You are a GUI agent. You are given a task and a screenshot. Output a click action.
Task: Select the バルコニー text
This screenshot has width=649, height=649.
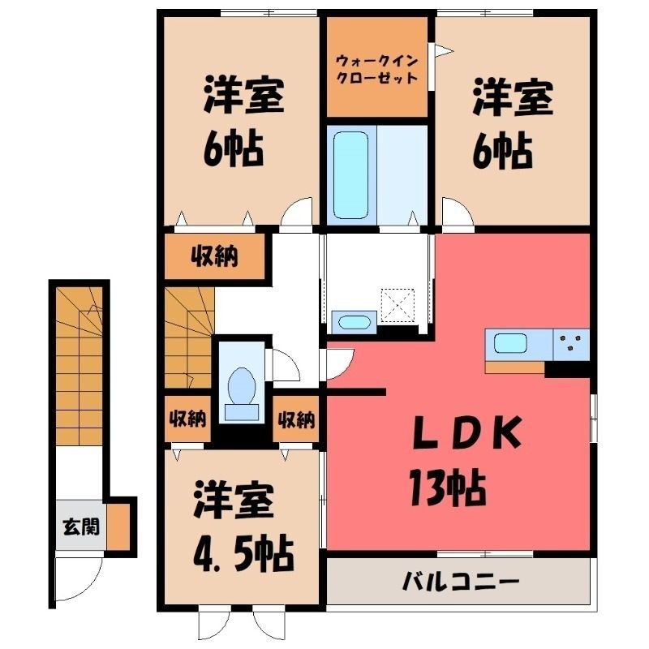[461, 582]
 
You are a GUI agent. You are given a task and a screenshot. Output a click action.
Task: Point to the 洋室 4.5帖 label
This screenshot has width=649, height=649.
[243, 527]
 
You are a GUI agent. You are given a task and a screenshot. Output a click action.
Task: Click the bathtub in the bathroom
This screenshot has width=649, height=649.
[350, 175]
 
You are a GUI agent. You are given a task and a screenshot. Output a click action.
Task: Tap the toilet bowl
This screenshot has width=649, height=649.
[241, 387]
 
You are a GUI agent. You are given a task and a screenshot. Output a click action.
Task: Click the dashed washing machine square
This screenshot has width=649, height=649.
[398, 305]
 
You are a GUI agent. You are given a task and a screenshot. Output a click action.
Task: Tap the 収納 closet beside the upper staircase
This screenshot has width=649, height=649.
[214, 256]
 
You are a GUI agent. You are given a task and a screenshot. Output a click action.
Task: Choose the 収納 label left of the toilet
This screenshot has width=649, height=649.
[187, 419]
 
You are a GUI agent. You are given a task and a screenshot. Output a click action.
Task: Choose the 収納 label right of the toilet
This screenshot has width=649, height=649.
[296, 419]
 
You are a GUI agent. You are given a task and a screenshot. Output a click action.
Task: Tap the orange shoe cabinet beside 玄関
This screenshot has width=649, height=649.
[118, 526]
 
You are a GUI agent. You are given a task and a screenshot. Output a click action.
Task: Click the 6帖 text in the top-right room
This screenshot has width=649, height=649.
[502, 150]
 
